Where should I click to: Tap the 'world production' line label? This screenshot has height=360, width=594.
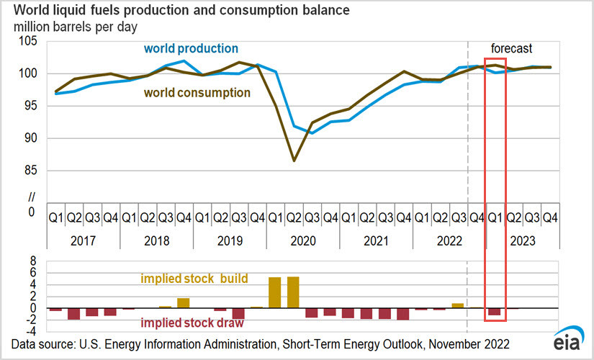[191, 49]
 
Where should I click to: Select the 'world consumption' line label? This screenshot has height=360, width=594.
[197, 93]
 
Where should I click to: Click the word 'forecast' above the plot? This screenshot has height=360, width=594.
[511, 49]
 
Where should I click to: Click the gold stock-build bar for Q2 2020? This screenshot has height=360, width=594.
[294, 292]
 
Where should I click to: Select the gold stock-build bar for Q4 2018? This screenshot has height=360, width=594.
[184, 303]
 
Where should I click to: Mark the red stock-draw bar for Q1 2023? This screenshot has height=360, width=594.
[495, 312]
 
